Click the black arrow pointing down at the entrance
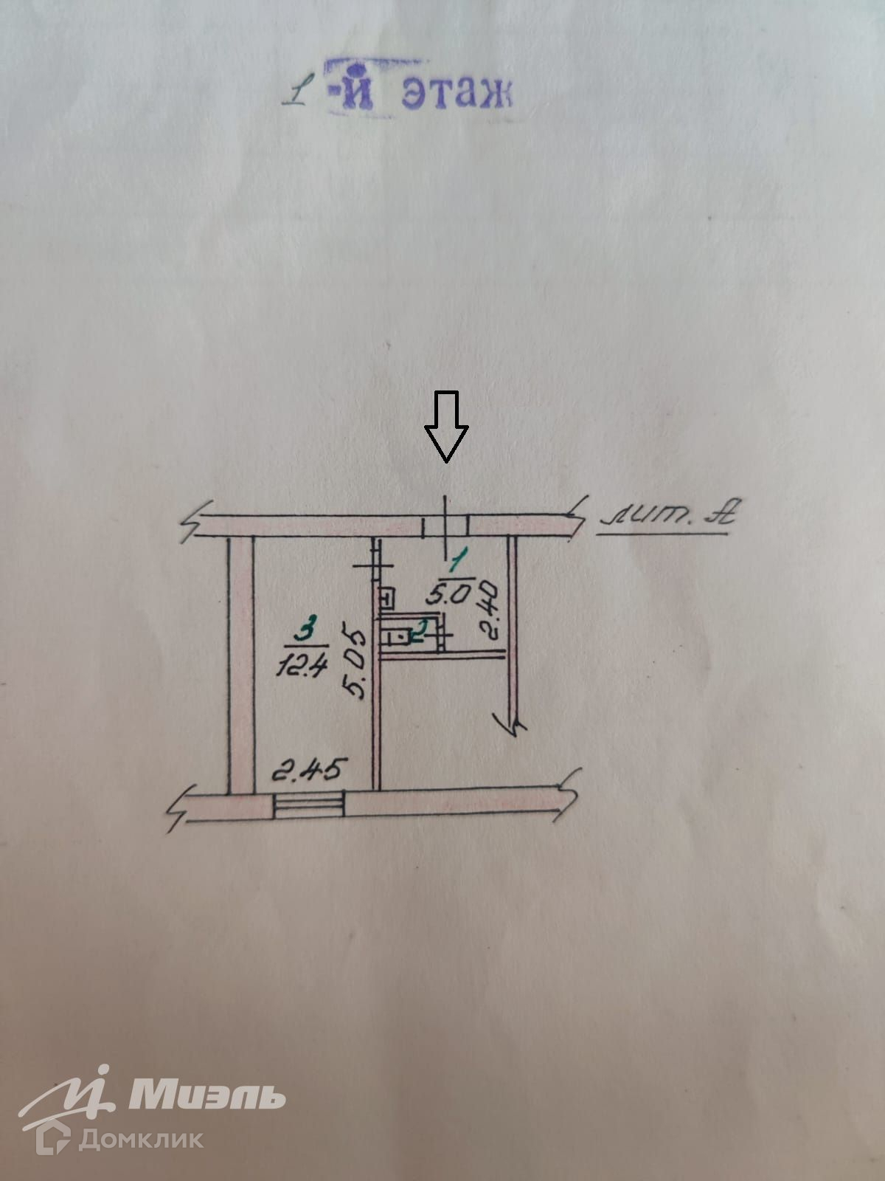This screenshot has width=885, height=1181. (446, 427)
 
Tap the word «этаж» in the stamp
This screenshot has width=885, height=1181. (457, 94)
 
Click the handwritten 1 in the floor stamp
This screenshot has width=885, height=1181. (297, 94)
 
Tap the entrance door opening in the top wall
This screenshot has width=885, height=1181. (445, 526)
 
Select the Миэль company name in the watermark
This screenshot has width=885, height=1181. (206, 1096)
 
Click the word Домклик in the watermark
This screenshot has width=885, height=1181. (141, 1139)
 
